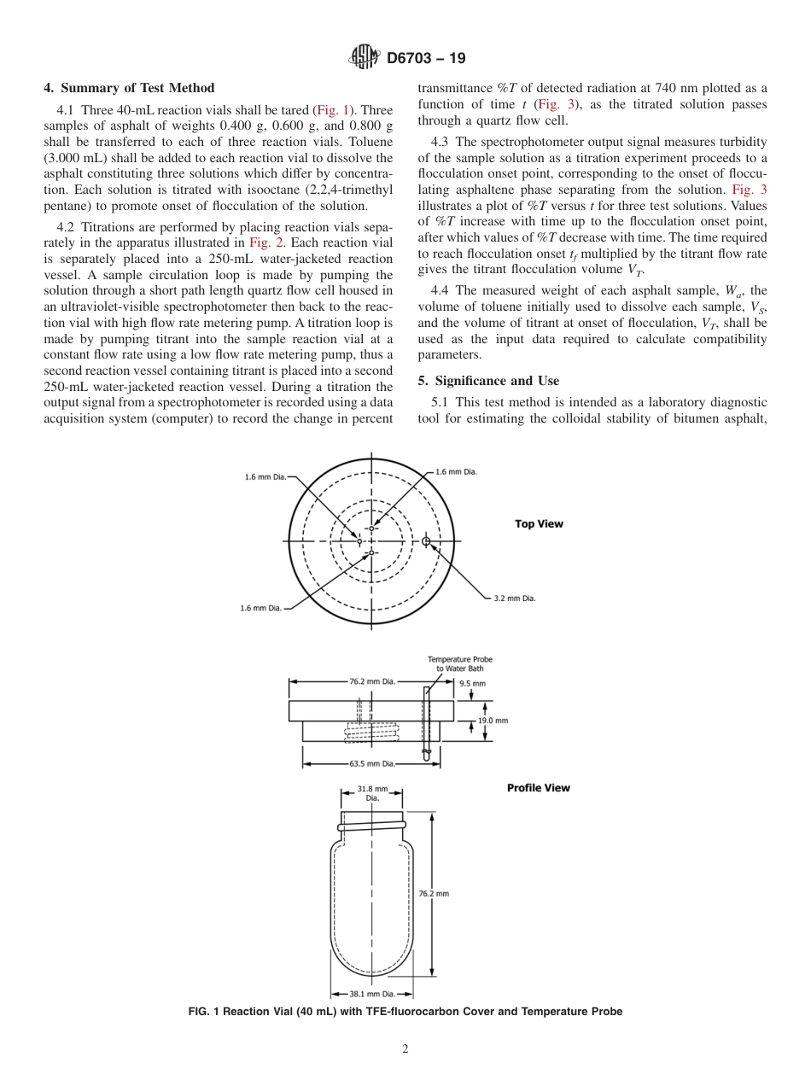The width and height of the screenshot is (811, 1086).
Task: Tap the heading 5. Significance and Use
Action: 487,380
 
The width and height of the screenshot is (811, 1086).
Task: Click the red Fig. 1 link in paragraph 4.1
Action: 333,110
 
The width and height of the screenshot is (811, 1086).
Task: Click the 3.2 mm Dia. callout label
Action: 515,598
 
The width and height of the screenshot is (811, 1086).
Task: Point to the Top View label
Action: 539,523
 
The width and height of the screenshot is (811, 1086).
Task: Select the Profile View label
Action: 538,787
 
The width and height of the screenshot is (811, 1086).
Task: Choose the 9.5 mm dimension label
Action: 472,683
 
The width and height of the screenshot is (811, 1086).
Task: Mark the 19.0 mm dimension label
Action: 493,721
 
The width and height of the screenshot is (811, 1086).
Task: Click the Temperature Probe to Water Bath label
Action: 460,663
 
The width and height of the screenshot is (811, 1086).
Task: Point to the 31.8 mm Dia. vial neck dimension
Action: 372,793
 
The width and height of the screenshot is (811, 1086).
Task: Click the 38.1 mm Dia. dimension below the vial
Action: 372,994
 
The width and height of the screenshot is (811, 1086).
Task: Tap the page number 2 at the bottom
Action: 405,1049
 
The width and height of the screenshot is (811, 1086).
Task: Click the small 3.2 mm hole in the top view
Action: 426,541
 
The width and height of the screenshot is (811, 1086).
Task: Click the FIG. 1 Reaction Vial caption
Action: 405,1012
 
